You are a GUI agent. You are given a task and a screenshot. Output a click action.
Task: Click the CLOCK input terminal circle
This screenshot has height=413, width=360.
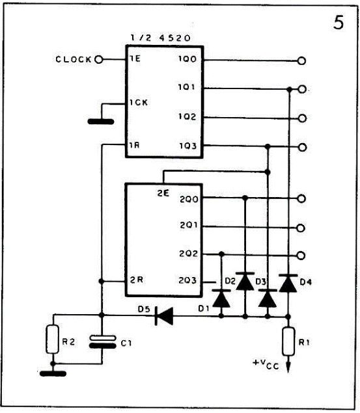(98, 60)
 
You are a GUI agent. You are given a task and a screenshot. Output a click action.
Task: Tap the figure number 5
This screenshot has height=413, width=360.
(339, 23)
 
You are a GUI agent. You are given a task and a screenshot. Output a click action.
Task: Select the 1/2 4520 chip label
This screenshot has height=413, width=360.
(161, 38)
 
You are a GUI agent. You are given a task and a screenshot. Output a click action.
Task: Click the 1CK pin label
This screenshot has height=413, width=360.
(139, 102)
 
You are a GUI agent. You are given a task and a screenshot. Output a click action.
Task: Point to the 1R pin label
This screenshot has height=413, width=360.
(134, 145)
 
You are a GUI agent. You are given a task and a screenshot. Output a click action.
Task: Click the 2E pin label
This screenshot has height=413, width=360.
(163, 193)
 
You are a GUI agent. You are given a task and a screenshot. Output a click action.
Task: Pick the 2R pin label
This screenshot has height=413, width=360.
(137, 280)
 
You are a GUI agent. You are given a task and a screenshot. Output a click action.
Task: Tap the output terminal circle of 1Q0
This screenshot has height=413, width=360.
(301, 61)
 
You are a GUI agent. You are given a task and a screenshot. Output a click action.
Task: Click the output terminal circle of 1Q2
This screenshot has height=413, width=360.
(302, 118)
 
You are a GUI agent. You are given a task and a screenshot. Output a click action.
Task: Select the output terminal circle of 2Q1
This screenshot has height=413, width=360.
(301, 228)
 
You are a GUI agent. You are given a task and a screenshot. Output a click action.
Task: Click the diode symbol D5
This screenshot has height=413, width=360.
(164, 315)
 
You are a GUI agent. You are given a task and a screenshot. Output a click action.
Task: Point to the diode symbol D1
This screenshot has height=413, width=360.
(221, 299)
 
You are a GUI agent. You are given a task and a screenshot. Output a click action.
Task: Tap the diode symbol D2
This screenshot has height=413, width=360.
(245, 282)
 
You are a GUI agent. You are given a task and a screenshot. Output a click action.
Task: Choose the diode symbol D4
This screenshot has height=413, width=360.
(288, 283)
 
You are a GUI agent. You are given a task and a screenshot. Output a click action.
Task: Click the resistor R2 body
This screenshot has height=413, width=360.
(53, 340)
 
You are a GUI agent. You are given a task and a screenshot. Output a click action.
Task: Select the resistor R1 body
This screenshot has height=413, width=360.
(288, 341)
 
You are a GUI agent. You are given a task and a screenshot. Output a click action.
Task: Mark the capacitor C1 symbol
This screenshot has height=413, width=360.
(102, 341)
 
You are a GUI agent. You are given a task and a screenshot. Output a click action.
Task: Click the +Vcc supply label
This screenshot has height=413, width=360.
(266, 364)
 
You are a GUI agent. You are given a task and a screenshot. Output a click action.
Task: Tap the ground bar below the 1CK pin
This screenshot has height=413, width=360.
(101, 122)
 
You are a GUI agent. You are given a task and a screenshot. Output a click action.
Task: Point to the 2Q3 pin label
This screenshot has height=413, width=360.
(187, 280)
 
